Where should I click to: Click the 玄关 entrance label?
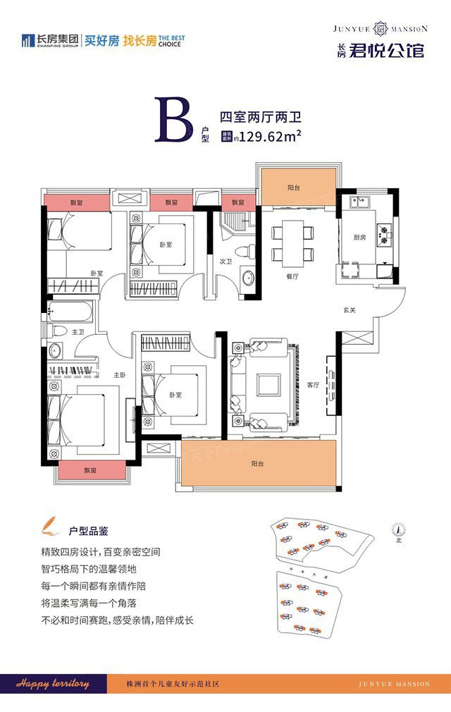(x=350, y=309)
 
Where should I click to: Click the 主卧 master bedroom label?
(x=120, y=376)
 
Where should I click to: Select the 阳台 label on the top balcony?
(x=295, y=188)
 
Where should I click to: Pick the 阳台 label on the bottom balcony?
(x=258, y=464)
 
